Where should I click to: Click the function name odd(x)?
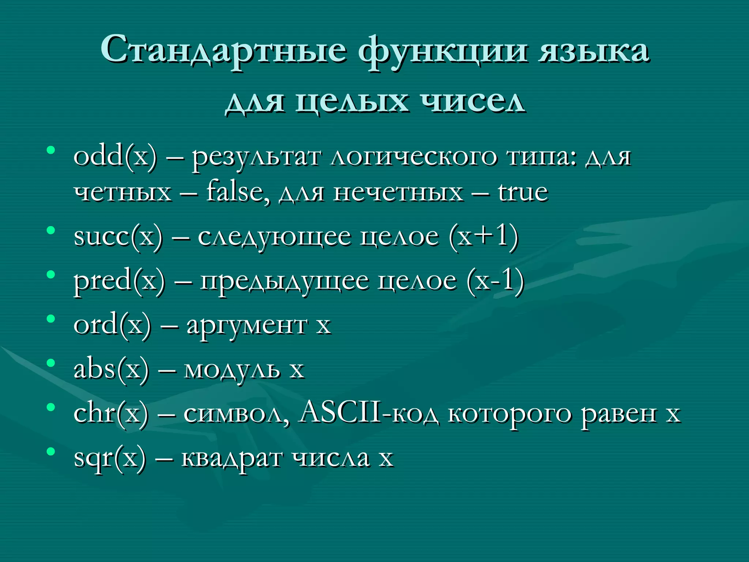coord(115,156)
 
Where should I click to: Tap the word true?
coord(523,191)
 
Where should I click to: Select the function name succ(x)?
coord(118,236)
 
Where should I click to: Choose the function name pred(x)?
coord(119,280)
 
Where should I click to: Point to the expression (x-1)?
coord(495,281)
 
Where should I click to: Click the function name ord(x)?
coord(112,325)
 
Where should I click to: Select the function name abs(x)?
coord(112,369)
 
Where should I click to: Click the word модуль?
coord(232,370)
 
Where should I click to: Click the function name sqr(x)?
coord(110,458)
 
